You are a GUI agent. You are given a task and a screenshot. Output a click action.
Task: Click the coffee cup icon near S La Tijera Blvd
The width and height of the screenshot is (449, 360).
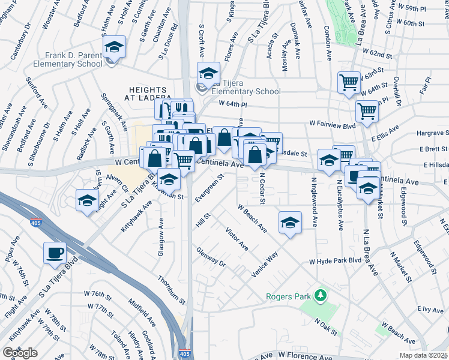coord(55,253)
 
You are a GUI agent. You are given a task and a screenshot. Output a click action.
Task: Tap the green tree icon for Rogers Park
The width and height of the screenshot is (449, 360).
coord(321,295)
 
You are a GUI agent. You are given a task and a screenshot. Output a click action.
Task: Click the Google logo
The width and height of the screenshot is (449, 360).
coord(20,352)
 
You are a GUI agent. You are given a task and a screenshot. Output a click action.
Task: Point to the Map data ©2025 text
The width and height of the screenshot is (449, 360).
coord(424,355)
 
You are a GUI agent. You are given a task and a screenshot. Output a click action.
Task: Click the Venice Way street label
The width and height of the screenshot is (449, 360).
coord(265,262)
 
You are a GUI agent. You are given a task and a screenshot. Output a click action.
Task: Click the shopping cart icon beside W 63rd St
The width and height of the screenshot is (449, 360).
coord(348,82)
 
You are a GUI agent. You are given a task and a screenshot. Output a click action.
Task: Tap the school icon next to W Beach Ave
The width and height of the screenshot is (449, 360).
coord(289,222)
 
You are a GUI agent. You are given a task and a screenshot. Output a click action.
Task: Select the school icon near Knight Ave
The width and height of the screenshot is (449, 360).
coord(88,200)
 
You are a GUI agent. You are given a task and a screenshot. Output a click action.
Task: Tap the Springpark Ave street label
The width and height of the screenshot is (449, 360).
coord(114,112)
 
